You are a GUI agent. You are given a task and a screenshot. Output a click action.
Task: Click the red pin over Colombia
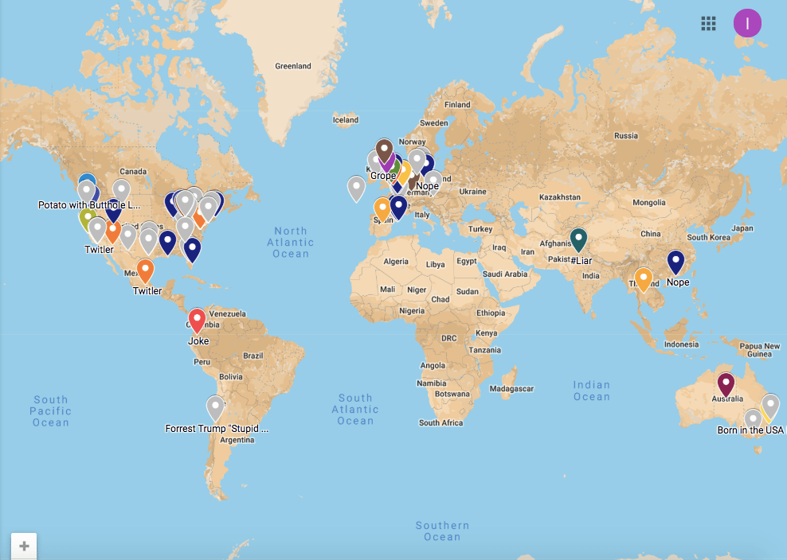click(198, 320)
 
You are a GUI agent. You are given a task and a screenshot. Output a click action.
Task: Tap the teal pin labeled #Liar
click(579, 239)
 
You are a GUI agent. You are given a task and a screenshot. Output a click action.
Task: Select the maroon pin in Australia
click(725, 384)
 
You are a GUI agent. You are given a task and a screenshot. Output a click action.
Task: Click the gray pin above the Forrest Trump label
click(215, 407)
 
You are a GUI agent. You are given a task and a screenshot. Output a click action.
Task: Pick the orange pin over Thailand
click(644, 279)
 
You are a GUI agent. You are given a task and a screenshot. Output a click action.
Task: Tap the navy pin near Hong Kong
click(676, 262)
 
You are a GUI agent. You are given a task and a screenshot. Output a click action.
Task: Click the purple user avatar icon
click(747, 22)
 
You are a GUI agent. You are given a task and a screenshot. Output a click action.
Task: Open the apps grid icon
click(708, 23)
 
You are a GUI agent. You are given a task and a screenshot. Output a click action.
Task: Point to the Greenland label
click(293, 66)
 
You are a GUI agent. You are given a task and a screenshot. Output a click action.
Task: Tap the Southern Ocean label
click(442, 531)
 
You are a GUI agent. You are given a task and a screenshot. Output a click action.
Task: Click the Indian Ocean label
click(591, 391)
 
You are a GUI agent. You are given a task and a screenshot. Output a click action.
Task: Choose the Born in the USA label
click(750, 430)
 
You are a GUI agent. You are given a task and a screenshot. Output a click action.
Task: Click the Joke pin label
click(198, 341)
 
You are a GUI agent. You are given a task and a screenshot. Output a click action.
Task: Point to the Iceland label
click(346, 120)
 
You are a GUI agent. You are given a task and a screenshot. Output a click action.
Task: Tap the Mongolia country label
click(648, 203)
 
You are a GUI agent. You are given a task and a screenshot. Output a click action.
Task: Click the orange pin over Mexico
click(145, 270)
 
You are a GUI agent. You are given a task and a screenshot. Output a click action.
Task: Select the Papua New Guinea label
click(760, 350)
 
